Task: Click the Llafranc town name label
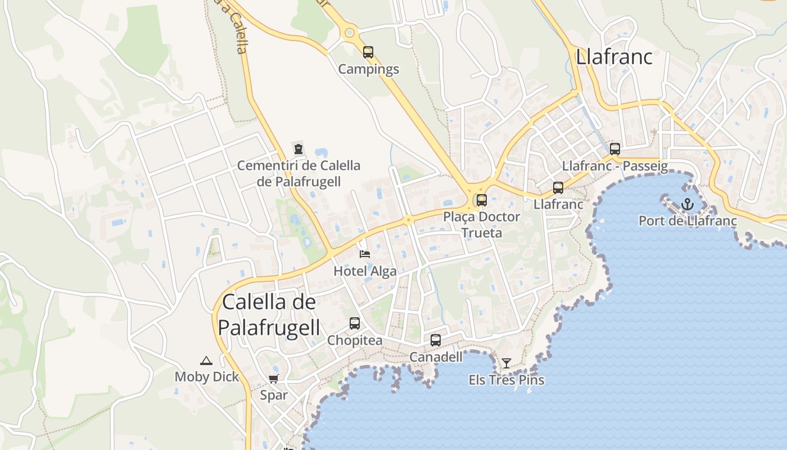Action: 614,57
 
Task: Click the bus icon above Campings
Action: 368,52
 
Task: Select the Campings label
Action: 368,69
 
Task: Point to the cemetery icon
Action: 298,149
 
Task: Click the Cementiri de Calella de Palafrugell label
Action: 298,173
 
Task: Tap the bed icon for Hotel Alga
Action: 365,254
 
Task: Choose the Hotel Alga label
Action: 365,271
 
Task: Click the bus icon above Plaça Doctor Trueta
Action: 482,200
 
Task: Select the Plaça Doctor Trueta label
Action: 482,224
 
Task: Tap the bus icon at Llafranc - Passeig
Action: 615,149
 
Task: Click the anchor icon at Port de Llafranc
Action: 688,204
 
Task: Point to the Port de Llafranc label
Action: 688,220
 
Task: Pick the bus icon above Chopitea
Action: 355,323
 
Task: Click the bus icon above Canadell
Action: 436,340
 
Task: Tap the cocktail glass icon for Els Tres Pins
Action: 506,363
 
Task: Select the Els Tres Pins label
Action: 506,380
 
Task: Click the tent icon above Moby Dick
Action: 206,361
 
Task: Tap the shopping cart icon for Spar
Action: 274,379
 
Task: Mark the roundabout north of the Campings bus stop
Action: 350,33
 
